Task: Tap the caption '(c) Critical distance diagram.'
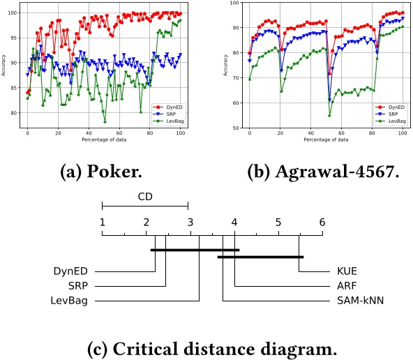point(206,347)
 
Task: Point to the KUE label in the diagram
point(340,271)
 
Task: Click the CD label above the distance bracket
point(145,197)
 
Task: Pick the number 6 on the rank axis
point(322,223)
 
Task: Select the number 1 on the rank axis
point(103,223)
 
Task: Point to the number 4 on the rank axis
point(234,223)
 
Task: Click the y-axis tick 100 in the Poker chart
point(14,13)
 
